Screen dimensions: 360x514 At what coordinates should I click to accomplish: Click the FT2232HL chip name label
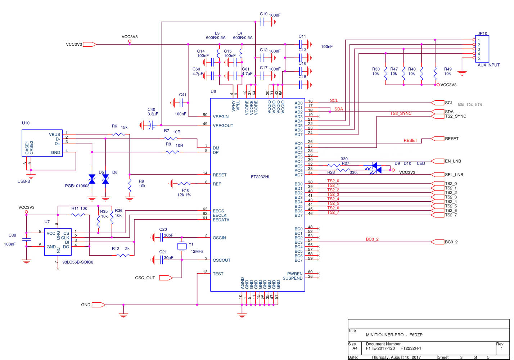pos(261,177)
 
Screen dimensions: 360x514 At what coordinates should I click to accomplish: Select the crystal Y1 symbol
pos(182,247)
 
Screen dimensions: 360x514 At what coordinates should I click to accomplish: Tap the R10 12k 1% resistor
pos(184,184)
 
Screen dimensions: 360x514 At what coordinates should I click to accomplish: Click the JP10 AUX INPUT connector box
pos(482,49)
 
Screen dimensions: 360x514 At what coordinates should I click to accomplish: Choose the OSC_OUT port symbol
pos(166,278)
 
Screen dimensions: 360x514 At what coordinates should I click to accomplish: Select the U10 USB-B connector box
pos(42,143)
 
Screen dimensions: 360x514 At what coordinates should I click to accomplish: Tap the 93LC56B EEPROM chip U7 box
pos(58,242)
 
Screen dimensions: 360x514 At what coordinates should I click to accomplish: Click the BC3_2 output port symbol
pos(438,242)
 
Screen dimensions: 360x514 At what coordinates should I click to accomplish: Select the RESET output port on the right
pos(437,139)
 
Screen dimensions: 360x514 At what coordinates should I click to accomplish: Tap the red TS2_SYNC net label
pos(401,113)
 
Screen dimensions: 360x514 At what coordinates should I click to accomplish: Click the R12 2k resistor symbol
pos(123,255)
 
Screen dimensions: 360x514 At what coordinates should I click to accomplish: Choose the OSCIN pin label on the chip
pos(219,238)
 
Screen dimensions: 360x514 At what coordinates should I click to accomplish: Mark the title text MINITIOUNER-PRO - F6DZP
pos(394,335)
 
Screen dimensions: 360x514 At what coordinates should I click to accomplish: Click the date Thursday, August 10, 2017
pos(396,357)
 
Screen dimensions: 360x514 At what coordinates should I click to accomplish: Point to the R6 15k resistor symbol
pos(118,134)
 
